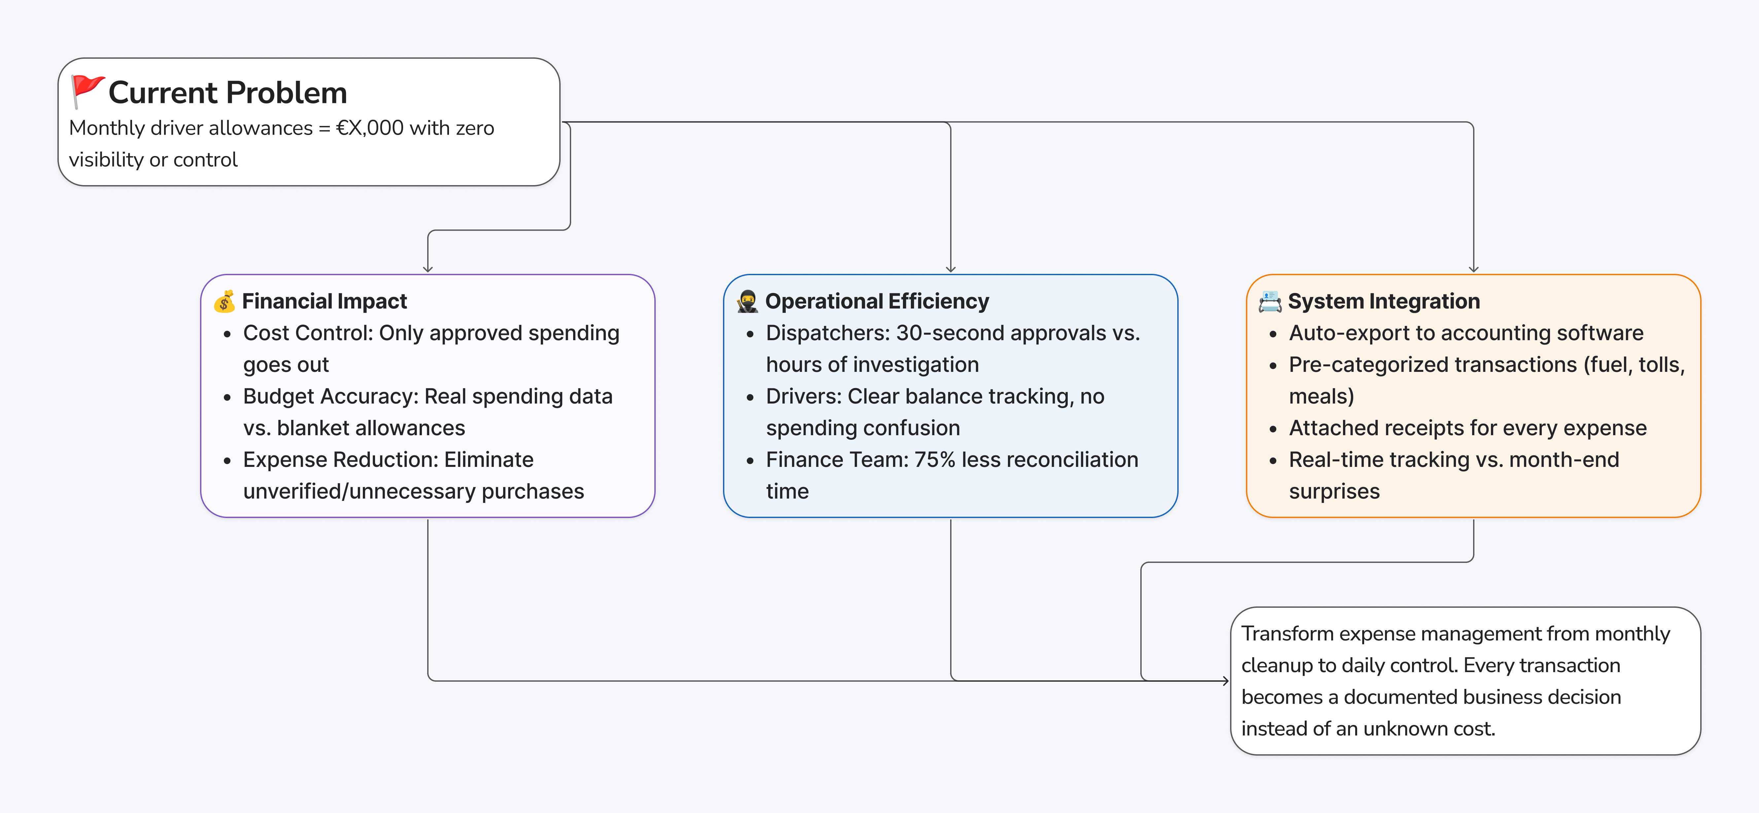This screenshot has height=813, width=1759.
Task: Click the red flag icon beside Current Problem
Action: click(x=87, y=91)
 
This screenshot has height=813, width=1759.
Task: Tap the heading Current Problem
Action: click(x=227, y=93)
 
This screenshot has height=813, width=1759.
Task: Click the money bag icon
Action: click(x=224, y=302)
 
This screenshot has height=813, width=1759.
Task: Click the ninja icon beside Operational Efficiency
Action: click(x=747, y=302)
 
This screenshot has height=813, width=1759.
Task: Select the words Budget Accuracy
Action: click(x=330, y=397)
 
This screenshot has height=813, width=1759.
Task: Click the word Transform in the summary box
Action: click(x=1287, y=634)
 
